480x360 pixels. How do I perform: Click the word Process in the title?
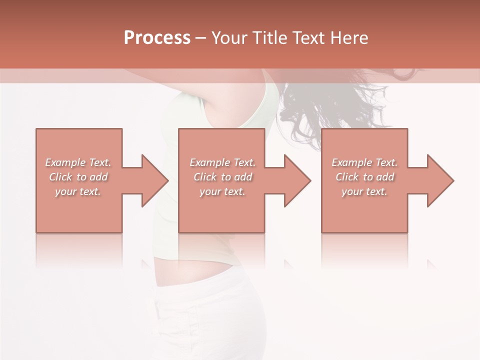pos(157,38)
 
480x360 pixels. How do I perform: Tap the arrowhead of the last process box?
pos(439,180)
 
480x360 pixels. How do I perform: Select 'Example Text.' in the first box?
pos(78,162)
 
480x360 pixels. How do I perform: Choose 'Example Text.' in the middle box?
pos(222,162)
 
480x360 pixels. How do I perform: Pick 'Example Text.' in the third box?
pos(364,162)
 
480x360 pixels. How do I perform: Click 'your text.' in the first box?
pos(78,191)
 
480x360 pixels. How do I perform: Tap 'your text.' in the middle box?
pos(222,191)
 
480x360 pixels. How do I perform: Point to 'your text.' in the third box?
pos(364,191)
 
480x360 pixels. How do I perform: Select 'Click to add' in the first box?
pos(78,177)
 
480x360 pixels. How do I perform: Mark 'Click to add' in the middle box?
pos(222,177)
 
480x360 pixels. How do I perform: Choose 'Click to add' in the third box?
pos(364,177)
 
